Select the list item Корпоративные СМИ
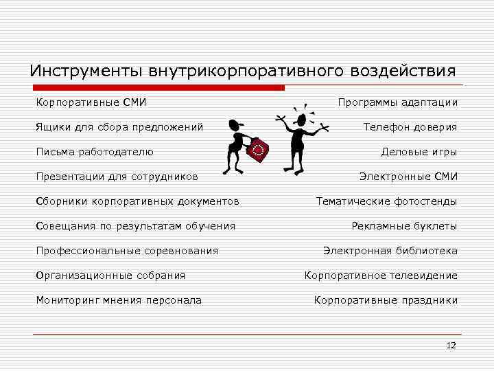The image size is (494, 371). (91, 102)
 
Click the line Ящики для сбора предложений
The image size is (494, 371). (119, 127)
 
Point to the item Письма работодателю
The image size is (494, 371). (95, 152)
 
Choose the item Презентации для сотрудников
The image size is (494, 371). (117, 177)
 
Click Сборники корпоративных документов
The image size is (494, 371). (138, 201)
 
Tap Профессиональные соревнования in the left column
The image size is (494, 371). (127, 251)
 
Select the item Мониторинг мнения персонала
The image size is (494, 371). (119, 300)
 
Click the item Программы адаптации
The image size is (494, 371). (397, 102)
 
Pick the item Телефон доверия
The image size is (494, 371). (410, 127)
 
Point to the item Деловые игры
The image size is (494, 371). (419, 152)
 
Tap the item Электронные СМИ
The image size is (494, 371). (408, 177)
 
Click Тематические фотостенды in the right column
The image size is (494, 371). (386, 201)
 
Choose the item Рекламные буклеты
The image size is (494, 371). (404, 226)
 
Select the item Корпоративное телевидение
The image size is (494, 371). (381, 276)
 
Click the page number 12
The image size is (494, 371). (451, 346)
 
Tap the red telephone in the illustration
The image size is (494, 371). (258, 149)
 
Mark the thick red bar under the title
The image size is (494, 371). (158, 88)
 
